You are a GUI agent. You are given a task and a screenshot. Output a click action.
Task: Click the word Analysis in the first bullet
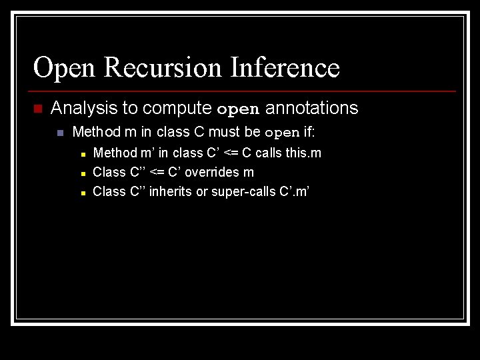pyautogui.click(x=79, y=108)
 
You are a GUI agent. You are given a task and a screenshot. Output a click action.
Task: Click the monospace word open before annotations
pyautogui.click(x=239, y=109)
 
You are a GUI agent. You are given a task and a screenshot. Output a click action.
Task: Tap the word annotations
pyautogui.click(x=312, y=108)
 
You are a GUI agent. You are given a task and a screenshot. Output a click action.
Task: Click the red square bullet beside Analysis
pyautogui.click(x=37, y=109)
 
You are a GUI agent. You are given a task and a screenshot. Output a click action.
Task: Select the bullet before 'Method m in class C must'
pyautogui.click(x=60, y=133)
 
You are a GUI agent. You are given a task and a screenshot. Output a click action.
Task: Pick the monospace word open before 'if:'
pyautogui.click(x=282, y=133)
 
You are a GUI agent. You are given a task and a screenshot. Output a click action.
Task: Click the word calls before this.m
pyautogui.click(x=268, y=153)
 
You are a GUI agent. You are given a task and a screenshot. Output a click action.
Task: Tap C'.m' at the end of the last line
pyautogui.click(x=295, y=191)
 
